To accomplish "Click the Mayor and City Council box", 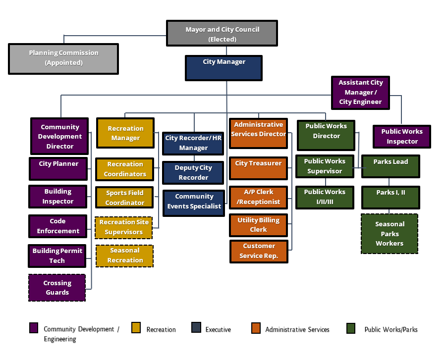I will tap(222, 34).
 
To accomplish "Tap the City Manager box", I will tap(223, 68).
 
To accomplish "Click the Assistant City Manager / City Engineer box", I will tap(360, 93).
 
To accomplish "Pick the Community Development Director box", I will tap(59, 137).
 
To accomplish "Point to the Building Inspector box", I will tap(58, 197).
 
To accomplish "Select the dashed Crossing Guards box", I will tap(57, 288).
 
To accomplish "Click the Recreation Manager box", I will tap(125, 133).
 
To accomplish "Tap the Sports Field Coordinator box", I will tap(125, 198).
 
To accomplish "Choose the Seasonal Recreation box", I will tap(125, 256).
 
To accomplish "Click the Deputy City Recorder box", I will tap(193, 173).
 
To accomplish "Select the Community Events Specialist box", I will tap(194, 202).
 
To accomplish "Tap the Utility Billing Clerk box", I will tap(258, 225).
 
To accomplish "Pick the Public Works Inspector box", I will tap(402, 137).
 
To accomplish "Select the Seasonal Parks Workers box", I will tap(390, 234).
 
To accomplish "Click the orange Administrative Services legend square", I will tap(256, 328).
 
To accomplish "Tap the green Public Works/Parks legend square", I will tap(351, 328).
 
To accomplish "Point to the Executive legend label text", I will tap(218, 329).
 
